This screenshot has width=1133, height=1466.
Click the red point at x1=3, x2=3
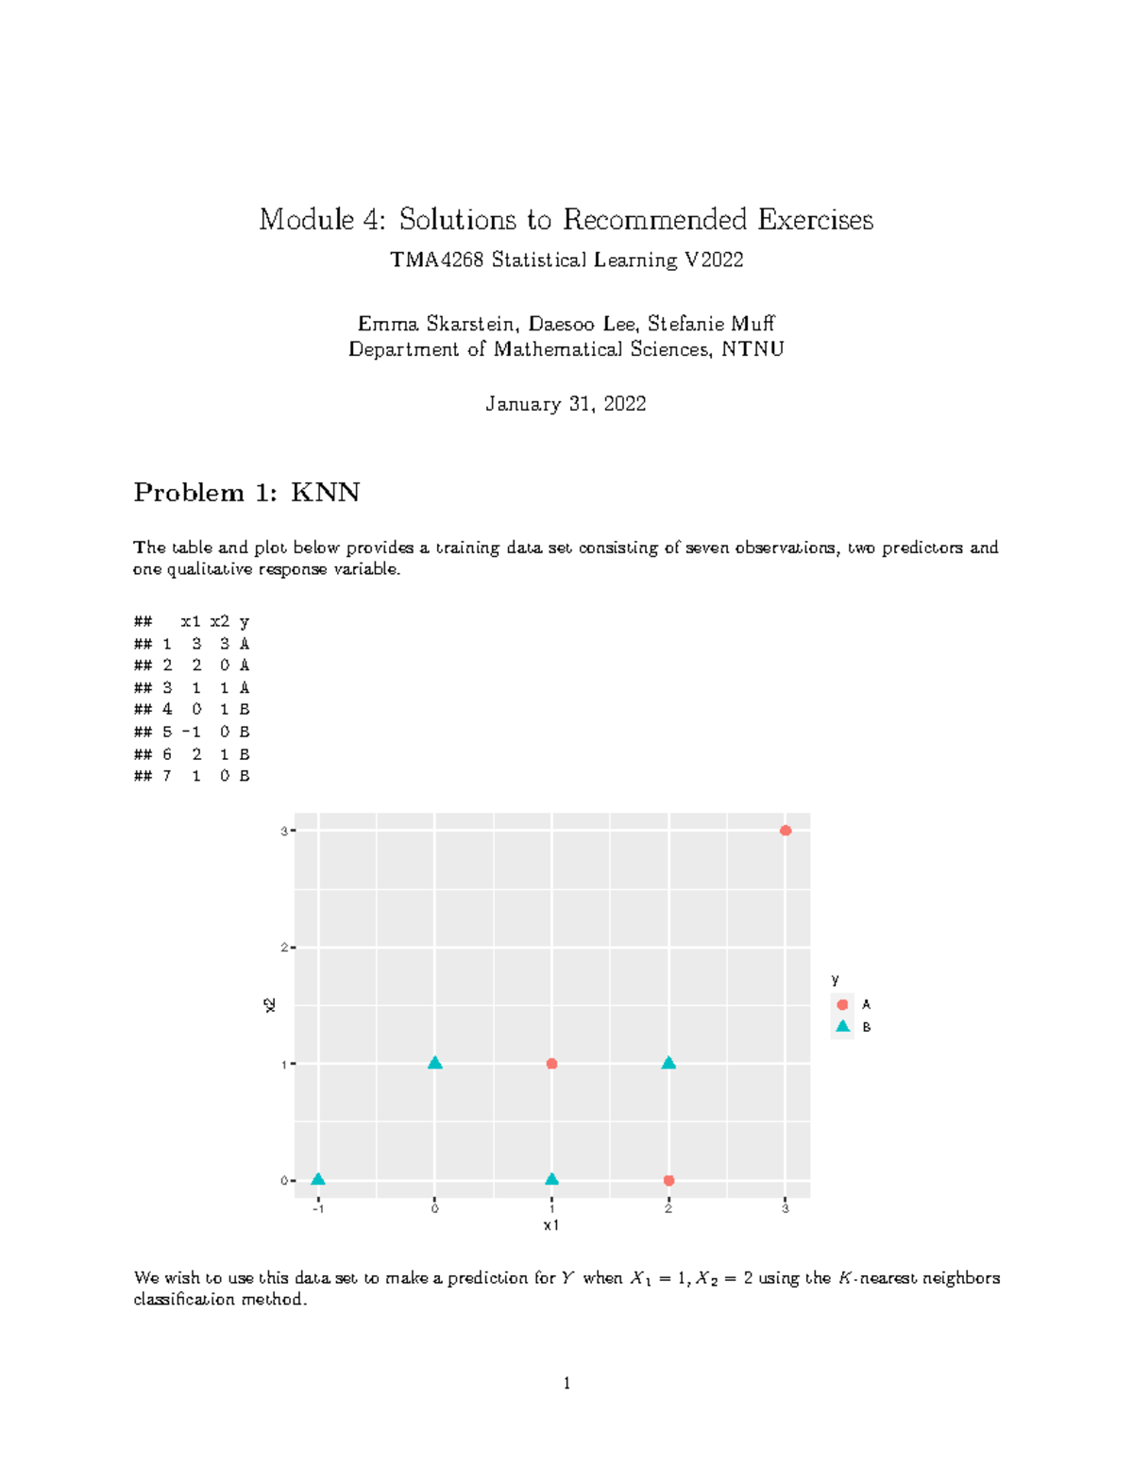click(785, 831)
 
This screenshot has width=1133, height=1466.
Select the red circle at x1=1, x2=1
click(551, 1064)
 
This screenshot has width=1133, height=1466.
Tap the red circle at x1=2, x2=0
click(668, 1180)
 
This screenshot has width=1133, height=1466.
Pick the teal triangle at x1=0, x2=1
click(434, 1064)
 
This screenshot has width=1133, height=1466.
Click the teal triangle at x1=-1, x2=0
click(318, 1180)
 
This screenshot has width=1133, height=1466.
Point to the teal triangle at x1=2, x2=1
click(668, 1064)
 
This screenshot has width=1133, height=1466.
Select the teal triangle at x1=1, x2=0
click(551, 1180)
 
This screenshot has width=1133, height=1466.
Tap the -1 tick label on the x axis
click(318, 1208)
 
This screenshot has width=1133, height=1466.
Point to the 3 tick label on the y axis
click(283, 831)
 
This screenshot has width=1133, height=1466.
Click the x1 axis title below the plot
click(551, 1225)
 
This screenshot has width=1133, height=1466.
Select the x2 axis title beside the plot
click(270, 1005)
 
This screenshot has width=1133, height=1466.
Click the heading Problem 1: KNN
click(246, 493)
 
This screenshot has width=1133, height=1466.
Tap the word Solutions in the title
click(457, 220)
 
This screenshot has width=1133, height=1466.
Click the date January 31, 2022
click(566, 404)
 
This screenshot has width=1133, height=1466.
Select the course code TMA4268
click(436, 260)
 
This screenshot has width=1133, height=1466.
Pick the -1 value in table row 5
click(192, 732)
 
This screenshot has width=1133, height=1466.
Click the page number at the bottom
click(566, 1384)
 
